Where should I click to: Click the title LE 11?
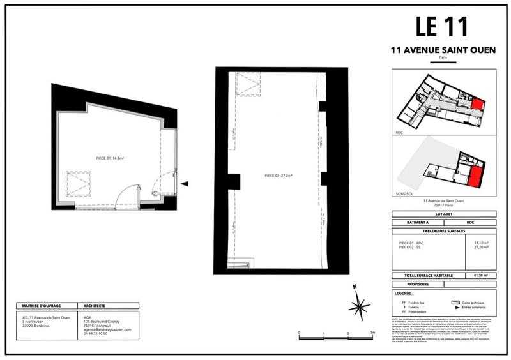441,27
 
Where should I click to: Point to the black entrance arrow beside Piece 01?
184,184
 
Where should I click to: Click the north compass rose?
359,304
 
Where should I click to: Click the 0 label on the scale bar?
299,333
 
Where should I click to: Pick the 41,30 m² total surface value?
480,276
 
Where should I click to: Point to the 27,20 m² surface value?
480,247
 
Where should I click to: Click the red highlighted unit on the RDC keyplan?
478,106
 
